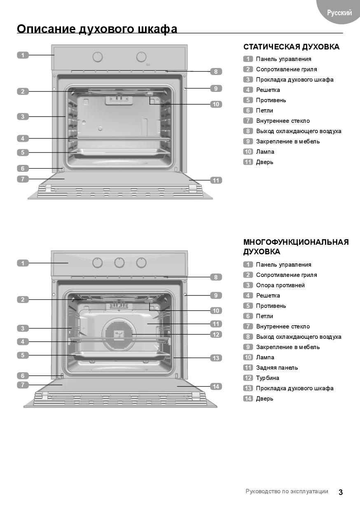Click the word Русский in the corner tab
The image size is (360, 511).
pyautogui.click(x=339, y=13)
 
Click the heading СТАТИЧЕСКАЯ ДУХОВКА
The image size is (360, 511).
pyautogui.click(x=291, y=47)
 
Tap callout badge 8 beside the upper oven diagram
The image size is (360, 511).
pyautogui.click(x=216, y=72)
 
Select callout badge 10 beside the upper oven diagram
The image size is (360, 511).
pyautogui.click(x=216, y=104)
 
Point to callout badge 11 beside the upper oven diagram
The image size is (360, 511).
pyautogui.click(x=216, y=180)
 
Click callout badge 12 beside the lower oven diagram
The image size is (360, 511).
pyautogui.click(x=216, y=335)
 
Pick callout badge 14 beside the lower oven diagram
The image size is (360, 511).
pyautogui.click(x=216, y=387)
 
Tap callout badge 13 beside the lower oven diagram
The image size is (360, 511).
pyautogui.click(x=216, y=358)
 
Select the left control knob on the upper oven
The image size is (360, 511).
pyautogui.click(x=98, y=57)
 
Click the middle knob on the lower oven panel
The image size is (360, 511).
pyautogui.click(x=119, y=263)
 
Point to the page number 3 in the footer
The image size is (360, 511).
pyautogui.click(x=341, y=492)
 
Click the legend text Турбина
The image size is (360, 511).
pyautogui.click(x=267, y=378)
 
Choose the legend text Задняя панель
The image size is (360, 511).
pyautogui.click(x=277, y=368)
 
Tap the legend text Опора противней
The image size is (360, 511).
pyautogui.click(x=280, y=285)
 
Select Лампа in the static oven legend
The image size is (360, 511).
pyautogui.click(x=265, y=152)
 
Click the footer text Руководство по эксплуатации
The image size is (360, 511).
pyautogui.click(x=287, y=491)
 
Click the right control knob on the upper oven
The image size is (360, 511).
pyautogui.click(x=141, y=57)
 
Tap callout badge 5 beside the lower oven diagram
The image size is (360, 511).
pyautogui.click(x=23, y=355)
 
